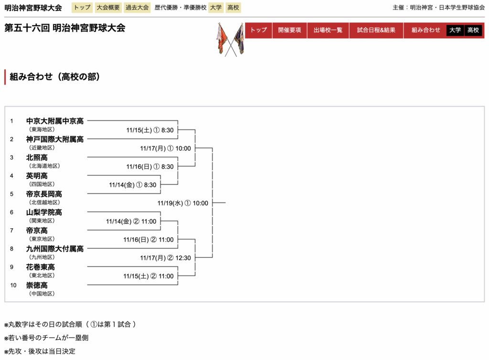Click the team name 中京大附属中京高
point(54,121)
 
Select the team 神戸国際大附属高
point(54,139)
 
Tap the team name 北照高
point(37,158)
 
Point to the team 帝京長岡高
point(44,194)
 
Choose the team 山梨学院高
point(44,212)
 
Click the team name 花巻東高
point(41,267)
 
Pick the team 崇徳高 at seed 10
point(37,286)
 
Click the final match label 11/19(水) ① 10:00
point(183,203)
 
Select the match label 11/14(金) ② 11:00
point(131,222)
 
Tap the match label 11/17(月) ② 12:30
point(165,258)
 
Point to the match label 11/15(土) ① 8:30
point(150,130)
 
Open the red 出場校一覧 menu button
point(328,30)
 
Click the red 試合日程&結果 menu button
point(376,30)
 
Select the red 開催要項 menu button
point(289,30)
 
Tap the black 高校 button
point(473,30)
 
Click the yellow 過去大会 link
point(137,8)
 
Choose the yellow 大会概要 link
point(108,8)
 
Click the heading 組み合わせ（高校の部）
point(55,77)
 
